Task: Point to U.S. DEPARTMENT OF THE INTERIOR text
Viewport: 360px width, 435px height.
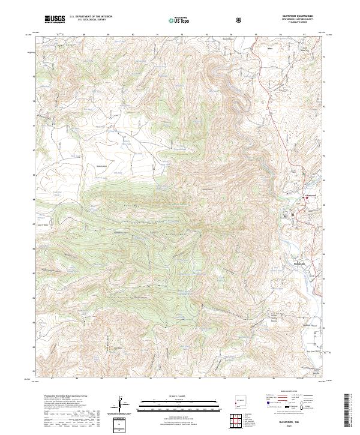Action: (x=90, y=17)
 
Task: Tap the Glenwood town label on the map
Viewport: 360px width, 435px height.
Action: (x=311, y=196)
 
